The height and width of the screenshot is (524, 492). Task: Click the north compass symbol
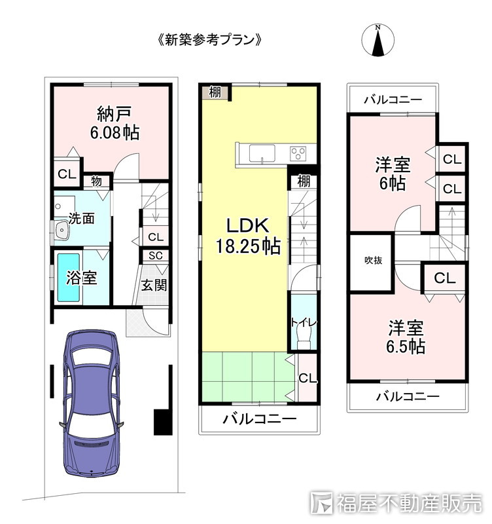pos(378,41)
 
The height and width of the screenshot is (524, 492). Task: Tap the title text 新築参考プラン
pos(209,39)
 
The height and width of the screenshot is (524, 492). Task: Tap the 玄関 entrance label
pos(154,285)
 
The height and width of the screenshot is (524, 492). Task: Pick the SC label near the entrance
pos(155,256)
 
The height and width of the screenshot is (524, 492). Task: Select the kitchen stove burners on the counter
pos(298,154)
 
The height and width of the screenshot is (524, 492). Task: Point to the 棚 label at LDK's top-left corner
pos(215,92)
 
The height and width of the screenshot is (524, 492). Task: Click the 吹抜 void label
pos(373,261)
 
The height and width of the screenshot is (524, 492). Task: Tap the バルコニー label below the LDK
pos(259,419)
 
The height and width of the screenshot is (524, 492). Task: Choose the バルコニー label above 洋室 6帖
pos(393,100)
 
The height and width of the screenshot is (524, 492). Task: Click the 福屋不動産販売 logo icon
pos(323,502)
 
